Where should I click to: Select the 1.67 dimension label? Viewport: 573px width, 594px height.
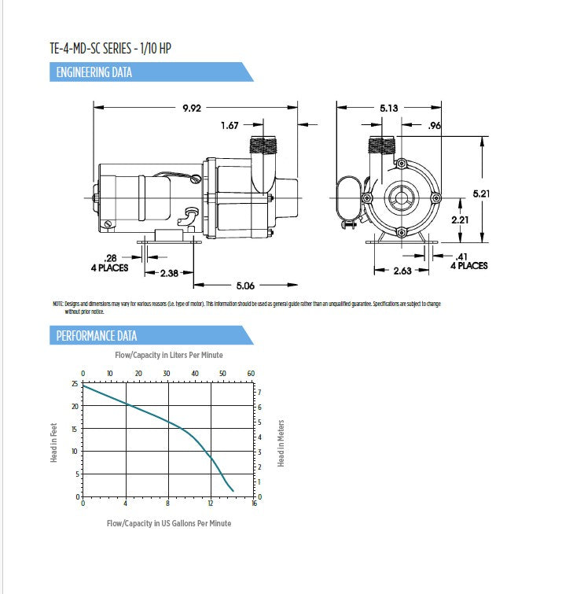tap(230, 125)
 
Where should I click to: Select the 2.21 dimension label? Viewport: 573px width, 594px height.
tap(461, 220)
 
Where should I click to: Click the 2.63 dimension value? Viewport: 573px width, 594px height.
tap(402, 271)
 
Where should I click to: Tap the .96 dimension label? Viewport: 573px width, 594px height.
tap(433, 125)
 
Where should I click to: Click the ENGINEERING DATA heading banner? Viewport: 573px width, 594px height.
tap(94, 73)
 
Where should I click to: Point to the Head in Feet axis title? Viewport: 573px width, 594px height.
tap(54, 442)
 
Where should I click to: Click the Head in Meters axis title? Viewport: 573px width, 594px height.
tap(281, 443)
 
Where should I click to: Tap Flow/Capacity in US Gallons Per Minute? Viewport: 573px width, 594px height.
tap(169, 523)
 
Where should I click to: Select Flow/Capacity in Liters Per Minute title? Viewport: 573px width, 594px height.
tap(168, 356)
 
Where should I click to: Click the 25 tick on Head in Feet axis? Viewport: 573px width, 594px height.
tap(75, 384)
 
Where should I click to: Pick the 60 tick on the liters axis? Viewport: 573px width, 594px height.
tap(251, 373)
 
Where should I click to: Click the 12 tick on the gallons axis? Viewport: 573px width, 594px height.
tap(211, 504)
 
